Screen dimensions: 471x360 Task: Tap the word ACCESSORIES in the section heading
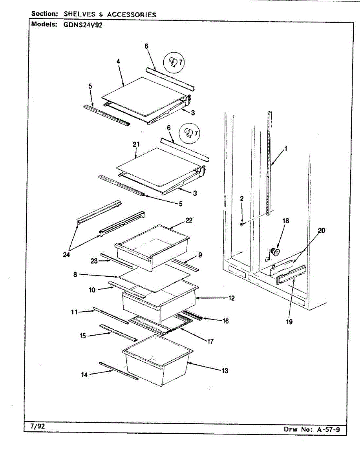[132, 15]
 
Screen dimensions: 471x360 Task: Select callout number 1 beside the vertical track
[286, 149]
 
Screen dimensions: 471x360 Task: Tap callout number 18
[285, 221]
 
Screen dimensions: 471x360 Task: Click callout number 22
[189, 220]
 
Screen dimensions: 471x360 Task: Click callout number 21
[136, 144]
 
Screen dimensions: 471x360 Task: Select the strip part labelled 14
[119, 371]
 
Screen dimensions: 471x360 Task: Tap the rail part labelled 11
[111, 316]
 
